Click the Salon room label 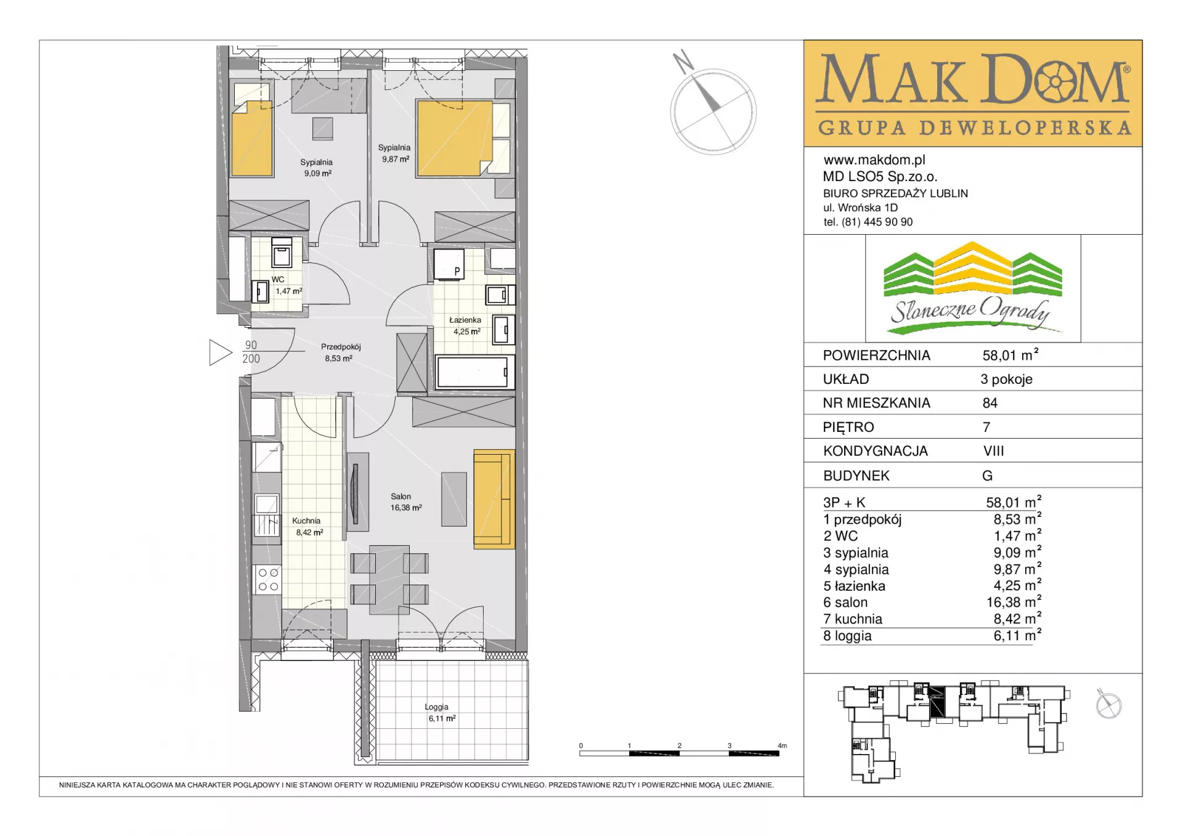click(x=400, y=497)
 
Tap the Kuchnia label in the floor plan click(x=306, y=521)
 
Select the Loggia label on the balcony click(x=436, y=707)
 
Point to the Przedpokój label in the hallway click(x=341, y=347)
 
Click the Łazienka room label click(x=465, y=320)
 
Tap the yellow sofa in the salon click(x=494, y=499)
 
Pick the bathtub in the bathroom click(x=472, y=372)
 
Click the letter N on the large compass click(x=683, y=62)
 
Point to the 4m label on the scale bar click(x=783, y=745)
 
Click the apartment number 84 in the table click(x=990, y=404)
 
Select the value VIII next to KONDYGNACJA click(x=994, y=452)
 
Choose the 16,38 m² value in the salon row click(x=1014, y=602)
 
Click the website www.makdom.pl click(x=874, y=160)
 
